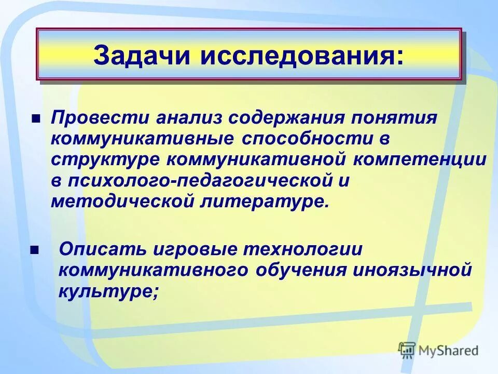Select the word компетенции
pyautogui.click(x=421, y=159)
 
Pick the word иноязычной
pyautogui.click(x=413, y=270)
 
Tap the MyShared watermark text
pyautogui.click(x=449, y=350)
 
